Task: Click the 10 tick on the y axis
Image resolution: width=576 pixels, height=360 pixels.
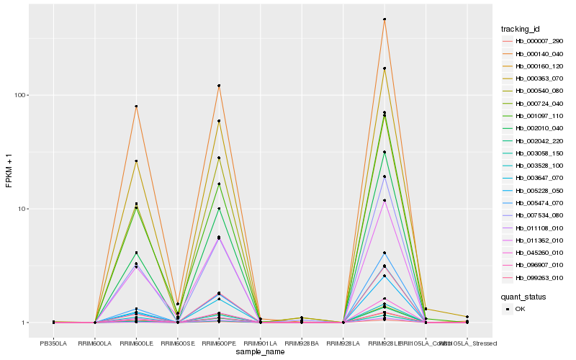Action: pyautogui.click(x=22, y=209)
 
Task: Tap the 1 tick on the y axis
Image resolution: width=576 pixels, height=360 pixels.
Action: pyautogui.click(x=24, y=323)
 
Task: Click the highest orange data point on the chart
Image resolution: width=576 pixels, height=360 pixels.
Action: pyautogui.click(x=384, y=19)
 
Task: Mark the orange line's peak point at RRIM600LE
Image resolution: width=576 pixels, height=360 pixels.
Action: pyautogui.click(x=136, y=107)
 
